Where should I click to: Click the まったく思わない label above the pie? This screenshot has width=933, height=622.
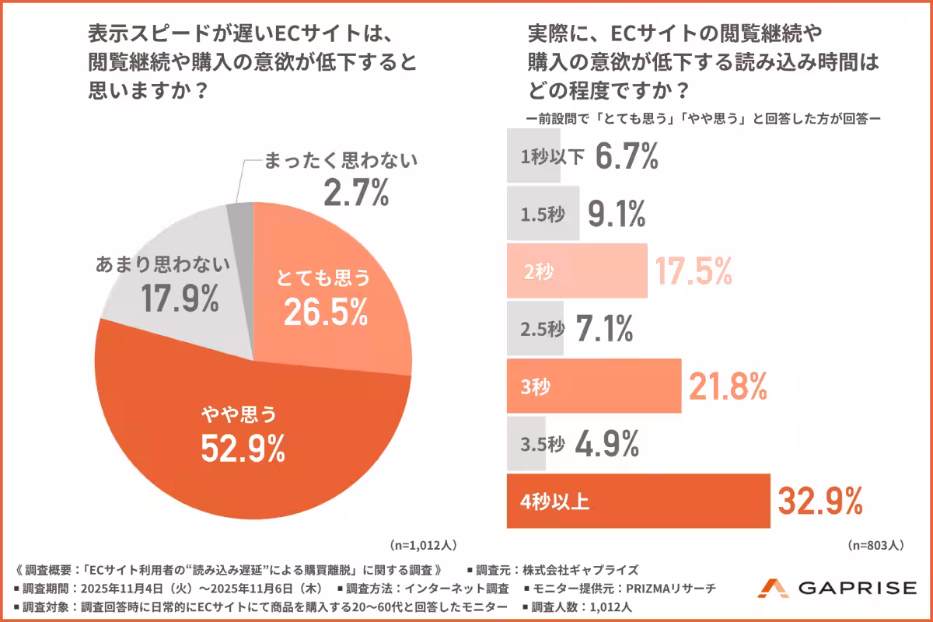coord(341,161)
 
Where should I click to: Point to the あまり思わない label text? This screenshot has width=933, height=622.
coord(163,265)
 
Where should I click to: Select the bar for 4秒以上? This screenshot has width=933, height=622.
coord(638,501)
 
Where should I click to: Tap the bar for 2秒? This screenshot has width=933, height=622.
coord(576,271)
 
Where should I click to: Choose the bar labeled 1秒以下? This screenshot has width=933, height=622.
coord(533,155)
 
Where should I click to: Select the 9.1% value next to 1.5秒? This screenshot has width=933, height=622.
coord(617,213)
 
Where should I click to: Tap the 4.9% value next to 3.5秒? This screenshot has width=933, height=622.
coord(607,443)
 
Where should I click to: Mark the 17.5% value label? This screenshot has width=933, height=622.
coord(693,270)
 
